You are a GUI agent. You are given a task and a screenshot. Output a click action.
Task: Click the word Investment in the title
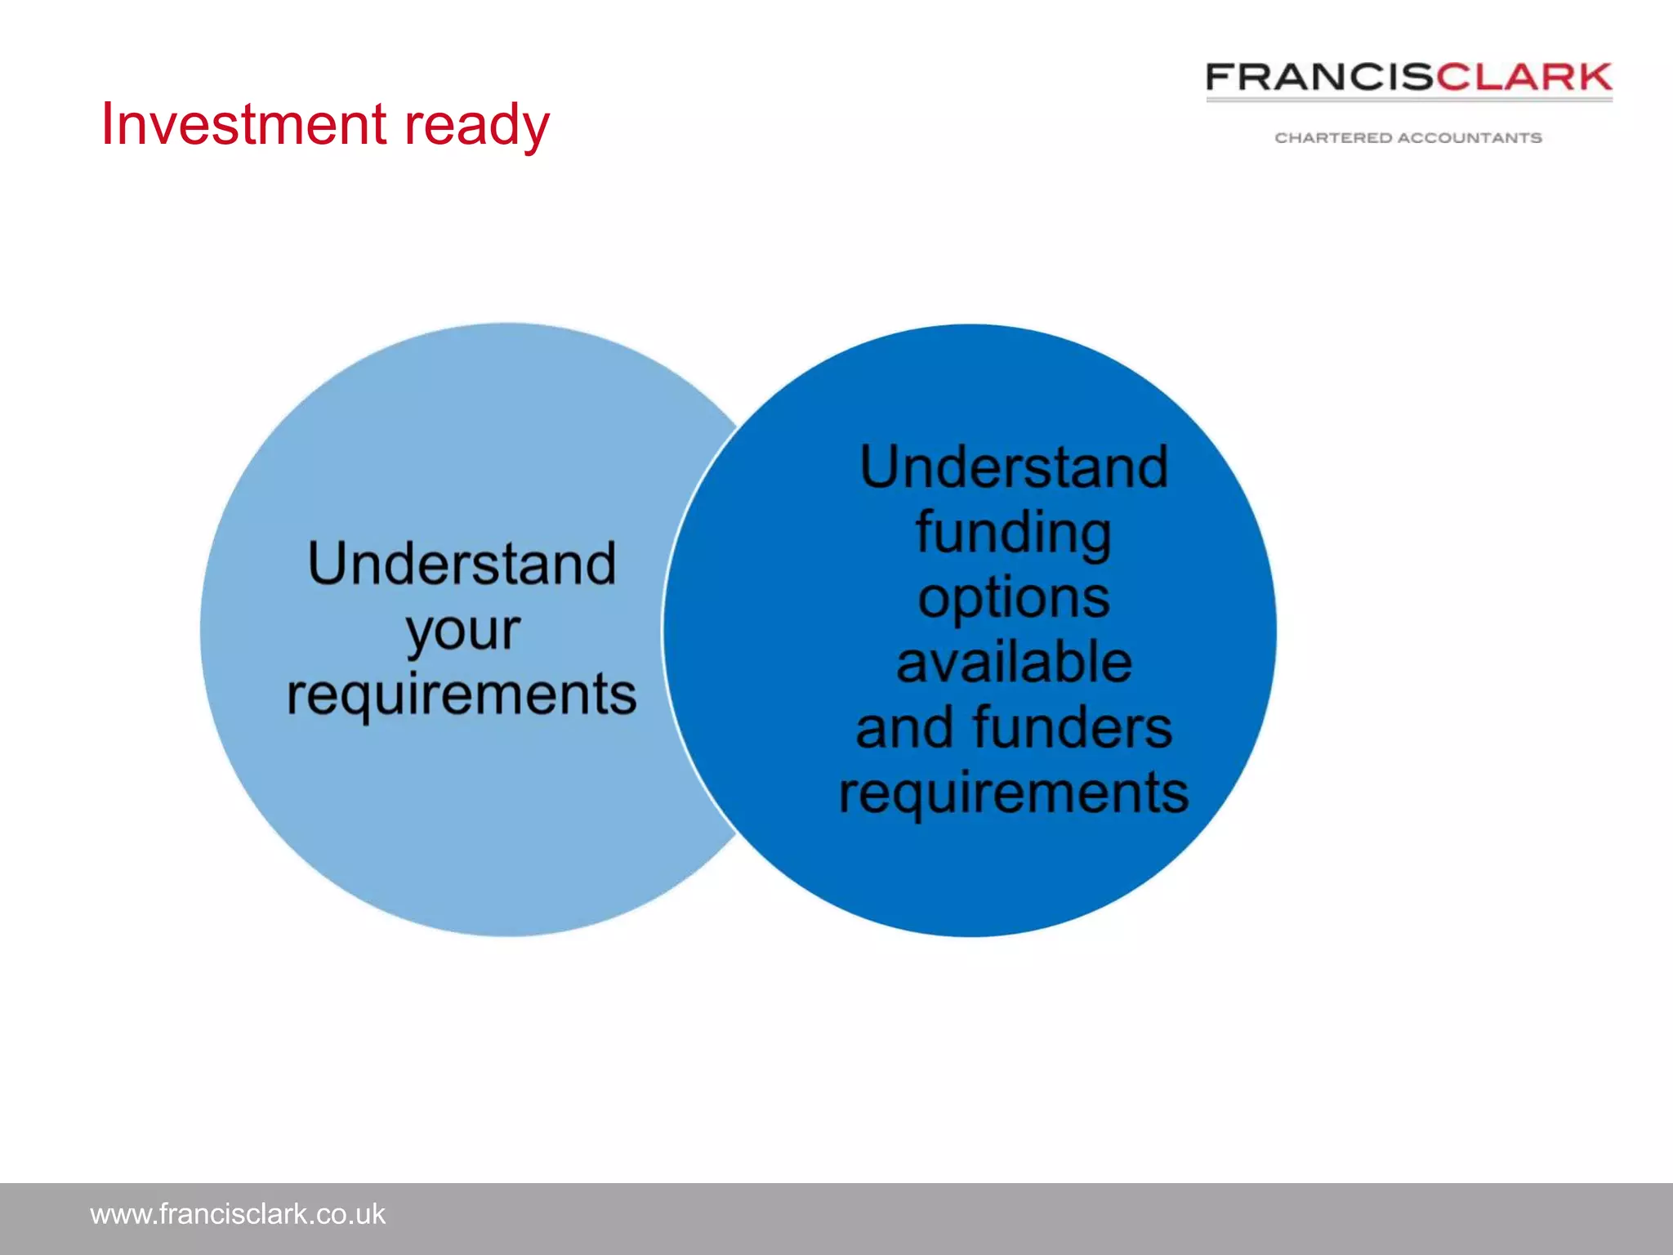243,124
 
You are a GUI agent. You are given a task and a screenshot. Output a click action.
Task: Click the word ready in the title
477,127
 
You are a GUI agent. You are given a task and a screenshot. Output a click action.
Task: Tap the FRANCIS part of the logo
1319,78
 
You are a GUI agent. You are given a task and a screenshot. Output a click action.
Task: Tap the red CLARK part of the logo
1524,78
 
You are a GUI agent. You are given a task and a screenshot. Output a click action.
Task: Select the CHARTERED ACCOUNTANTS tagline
1408,138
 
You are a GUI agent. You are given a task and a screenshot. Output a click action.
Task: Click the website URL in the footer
237,1214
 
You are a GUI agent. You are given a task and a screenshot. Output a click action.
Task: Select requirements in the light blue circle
462,694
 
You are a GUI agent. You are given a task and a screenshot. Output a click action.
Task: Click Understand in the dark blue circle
1014,467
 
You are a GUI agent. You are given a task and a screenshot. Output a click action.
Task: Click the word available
1014,662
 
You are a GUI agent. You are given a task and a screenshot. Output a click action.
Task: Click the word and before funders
905,729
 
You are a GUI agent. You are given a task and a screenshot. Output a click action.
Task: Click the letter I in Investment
107,124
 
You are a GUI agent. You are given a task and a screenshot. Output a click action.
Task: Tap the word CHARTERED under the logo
1332,138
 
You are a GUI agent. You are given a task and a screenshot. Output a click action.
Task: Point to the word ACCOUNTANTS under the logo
1470,138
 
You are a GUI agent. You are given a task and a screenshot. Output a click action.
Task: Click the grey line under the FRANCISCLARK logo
1409,100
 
